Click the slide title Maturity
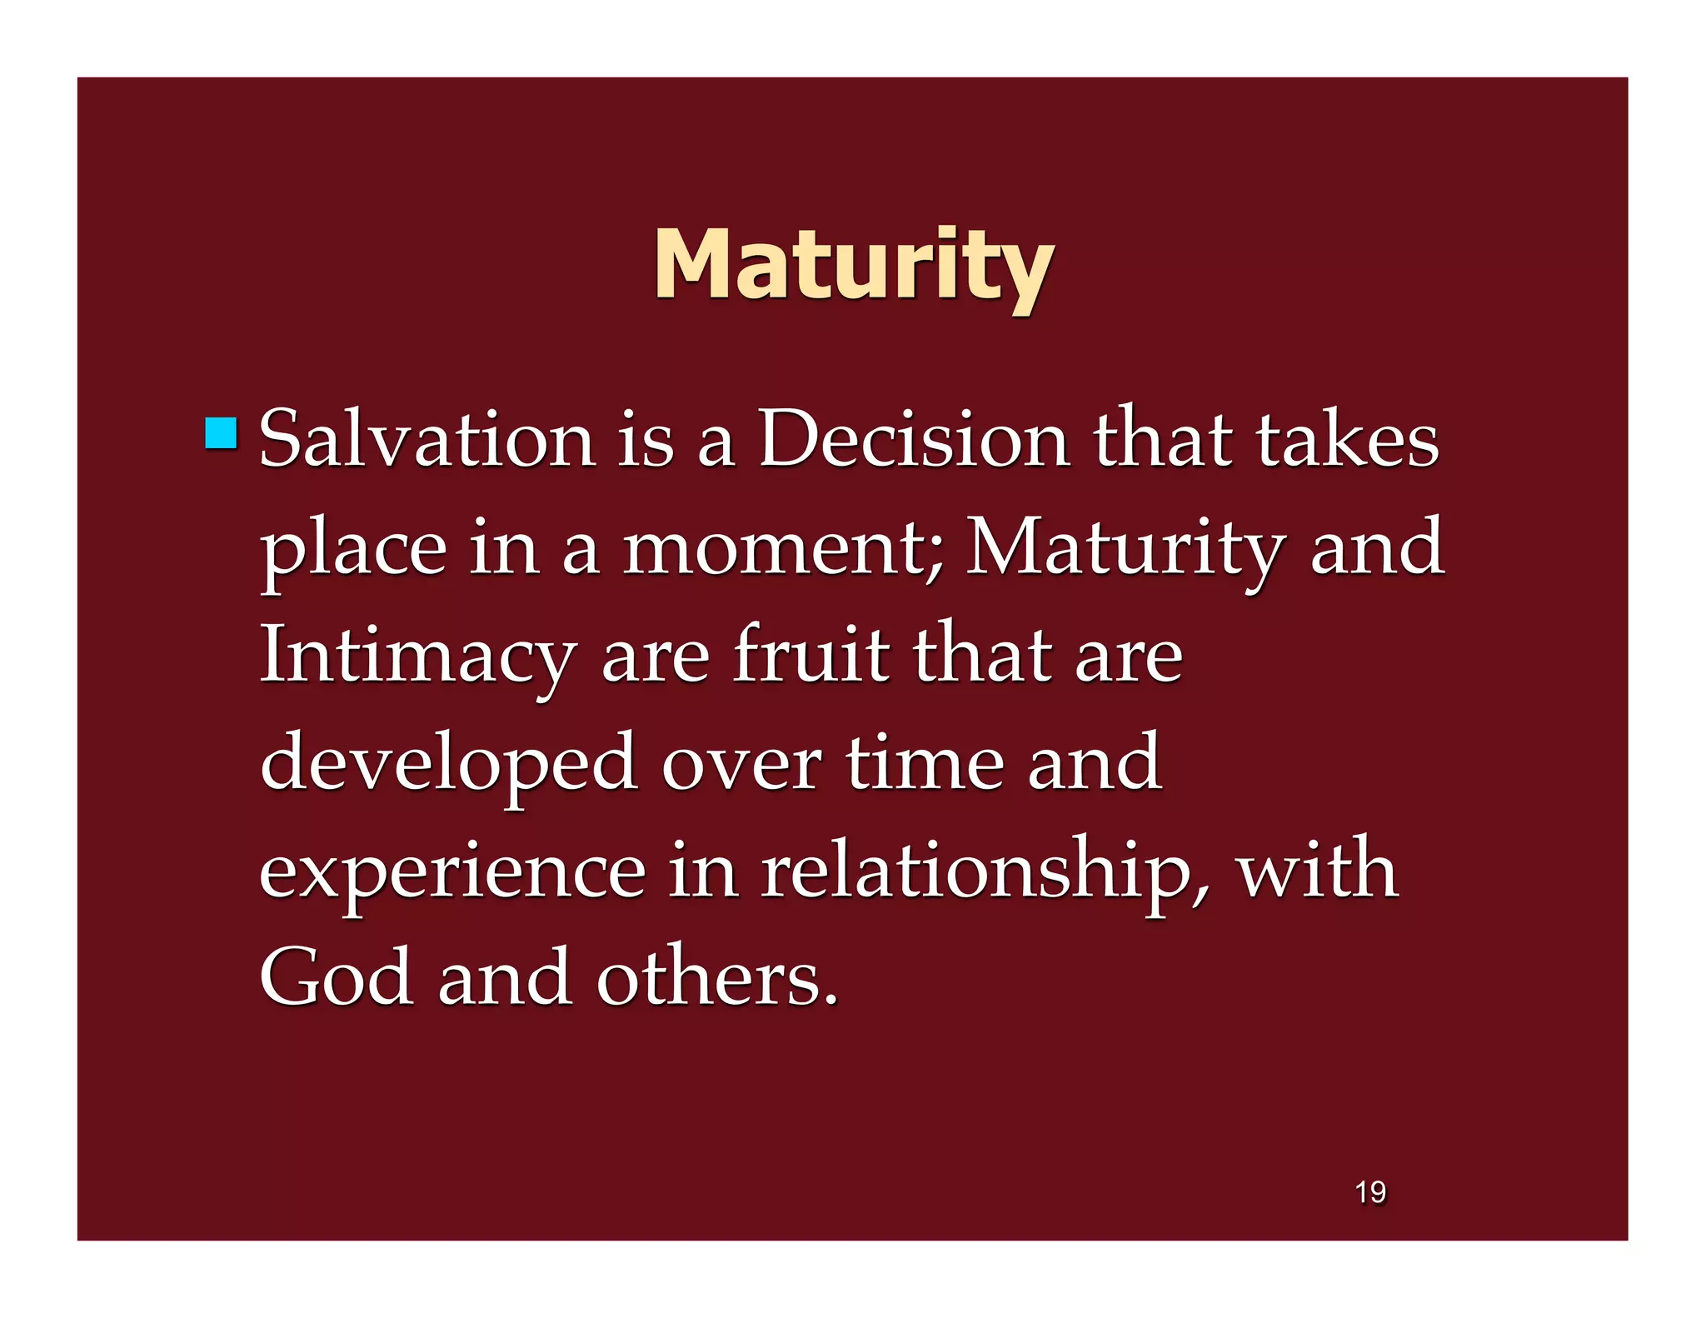pos(853,265)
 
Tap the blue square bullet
pos(221,433)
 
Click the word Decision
pos(914,439)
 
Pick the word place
pos(353,550)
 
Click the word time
pos(925,761)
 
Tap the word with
pos(1316,870)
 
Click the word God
pos(337,977)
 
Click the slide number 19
pos(1370,1192)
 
